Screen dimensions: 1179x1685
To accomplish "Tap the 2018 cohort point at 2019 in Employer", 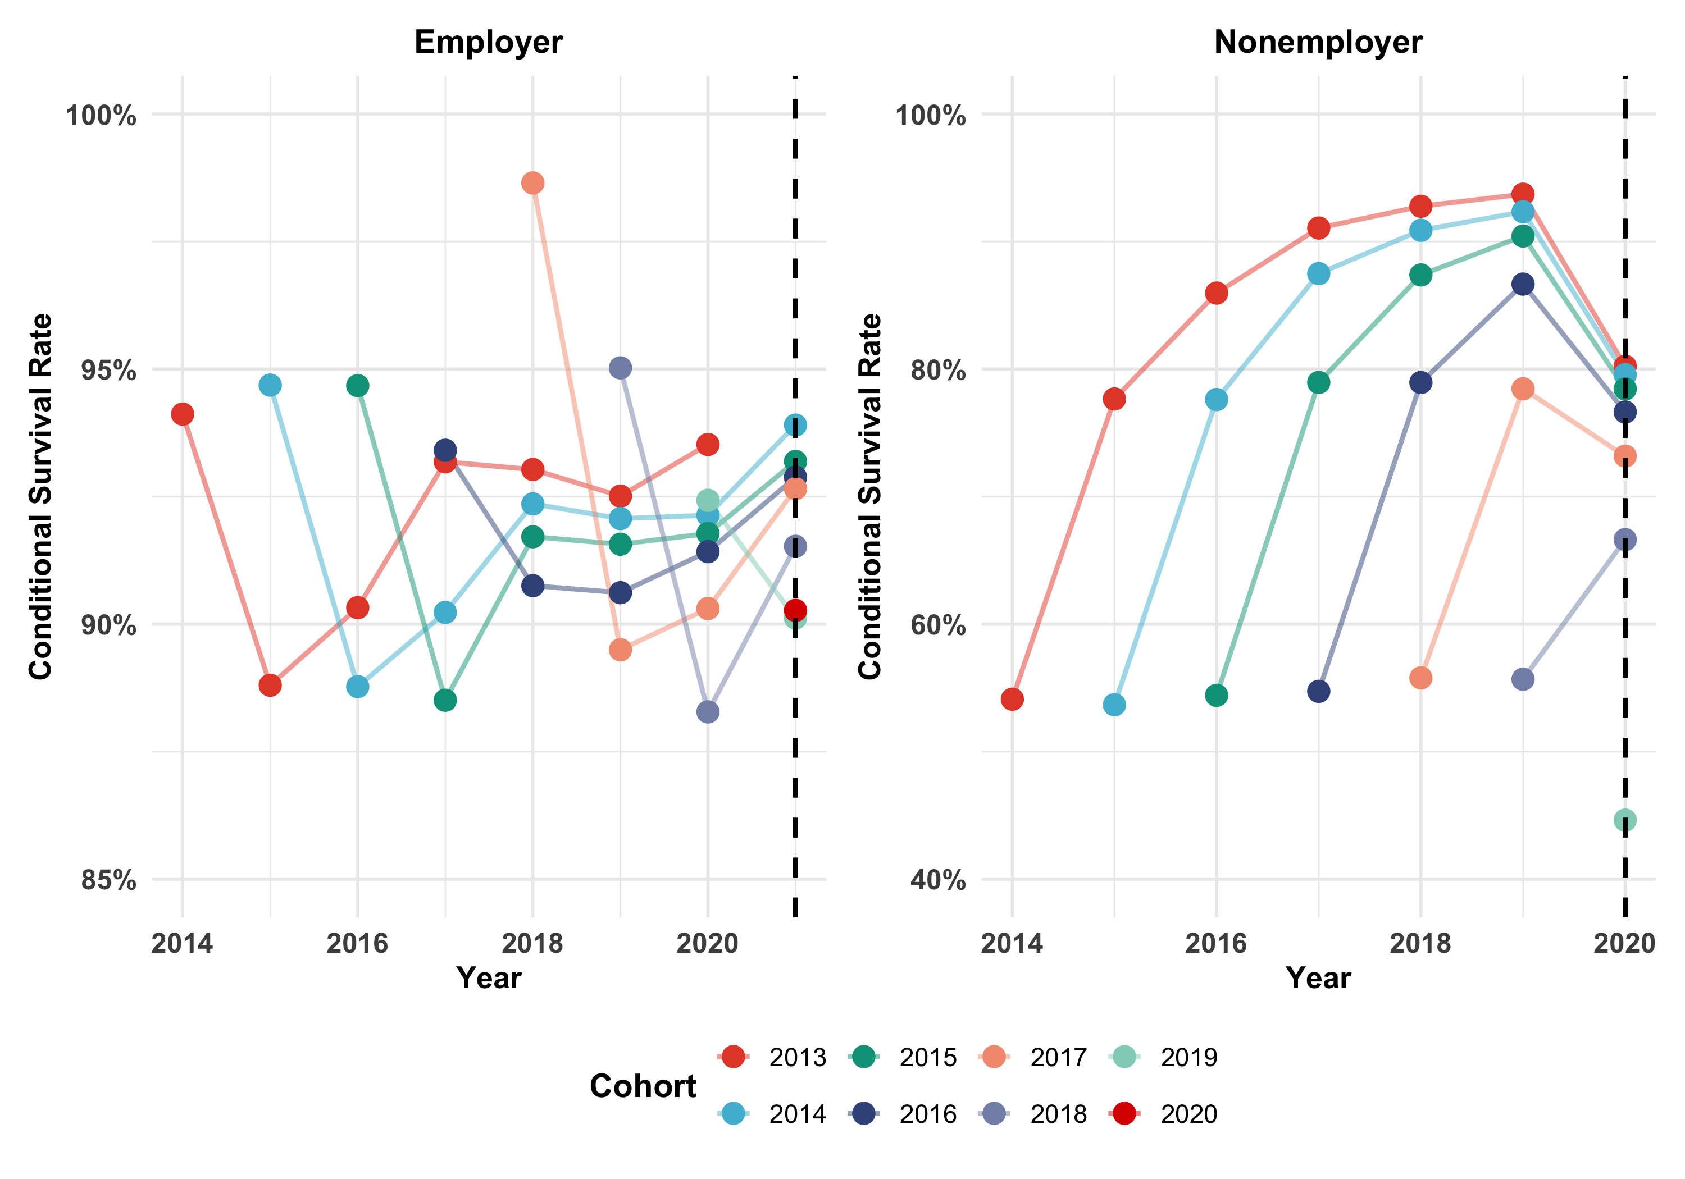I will coord(620,368).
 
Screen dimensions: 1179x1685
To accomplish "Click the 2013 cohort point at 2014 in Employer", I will coord(183,414).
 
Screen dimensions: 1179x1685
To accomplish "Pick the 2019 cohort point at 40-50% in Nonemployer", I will coord(1624,820).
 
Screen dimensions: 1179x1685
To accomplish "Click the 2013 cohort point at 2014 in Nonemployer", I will coord(1012,699).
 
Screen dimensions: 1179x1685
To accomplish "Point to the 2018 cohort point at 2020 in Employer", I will coord(708,712).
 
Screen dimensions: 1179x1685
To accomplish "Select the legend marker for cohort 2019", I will coord(1123,1057).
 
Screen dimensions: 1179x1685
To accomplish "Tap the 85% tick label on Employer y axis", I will coord(108,880).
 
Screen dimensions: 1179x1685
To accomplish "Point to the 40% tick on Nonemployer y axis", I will coord(937,880).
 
